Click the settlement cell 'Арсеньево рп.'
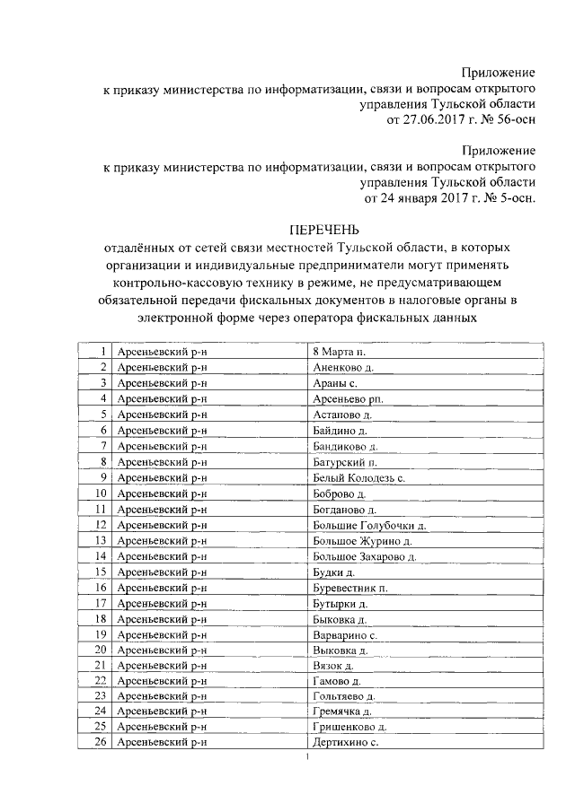click(345, 398)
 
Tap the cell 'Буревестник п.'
click(349, 588)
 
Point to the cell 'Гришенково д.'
click(349, 728)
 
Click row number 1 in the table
click(104, 351)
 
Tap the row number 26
click(101, 743)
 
